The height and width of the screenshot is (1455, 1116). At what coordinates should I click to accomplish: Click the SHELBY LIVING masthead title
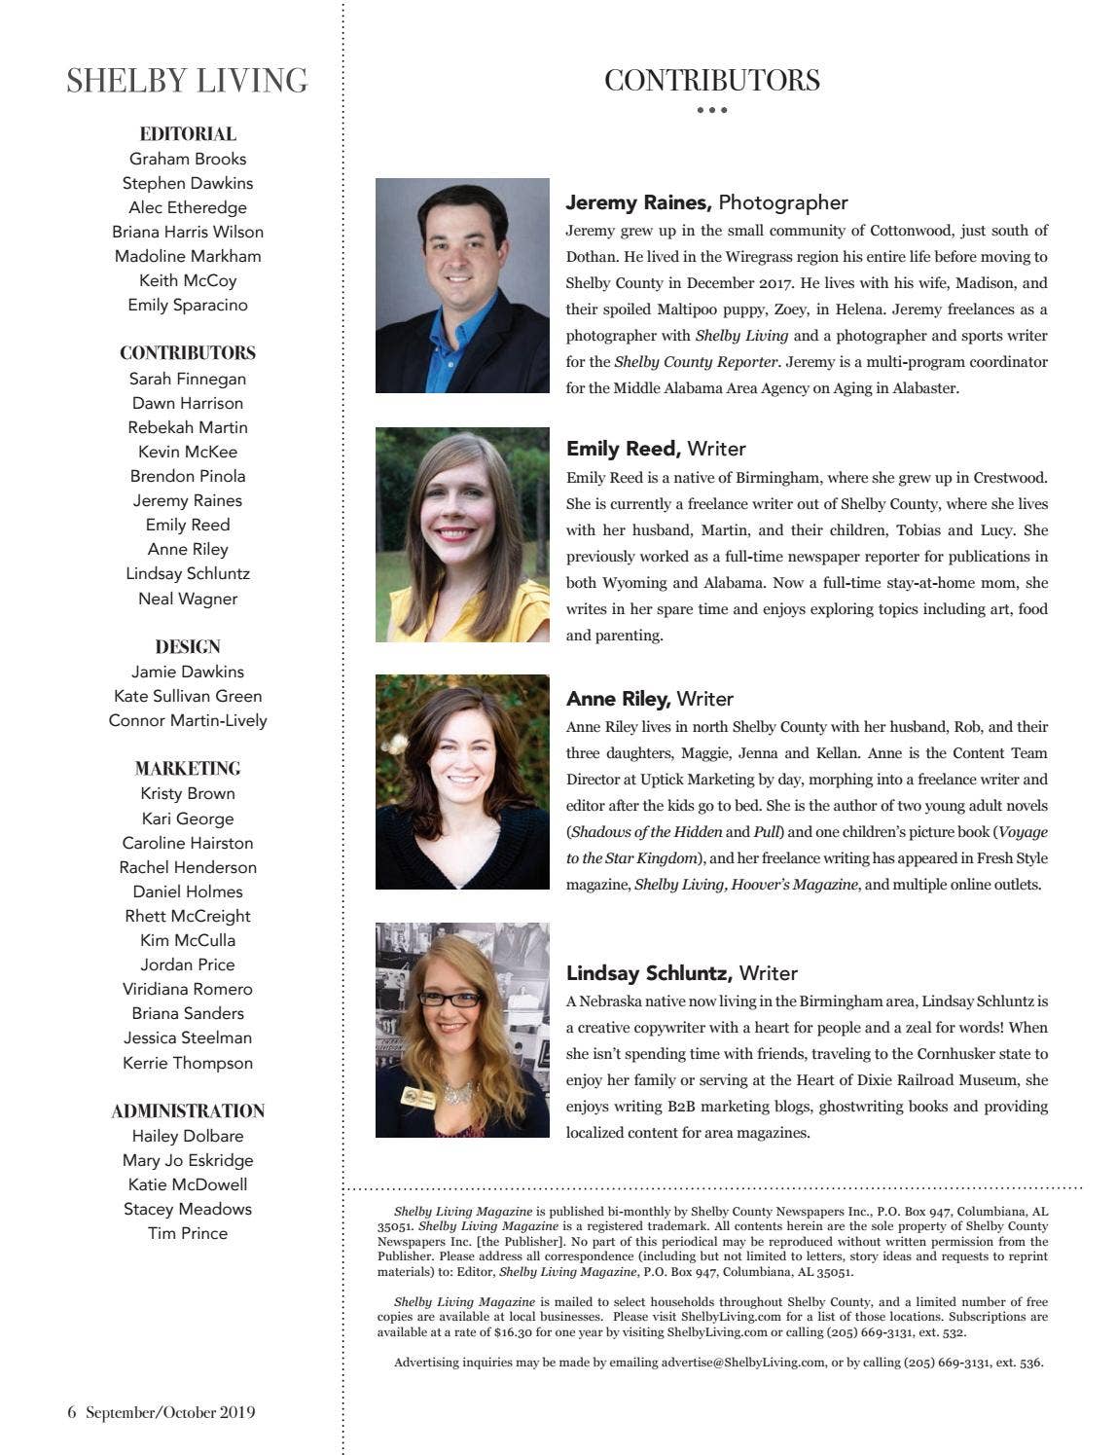click(187, 81)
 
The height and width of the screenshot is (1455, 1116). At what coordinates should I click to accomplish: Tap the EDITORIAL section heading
click(188, 134)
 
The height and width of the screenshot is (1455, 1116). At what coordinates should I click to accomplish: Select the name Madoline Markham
click(188, 256)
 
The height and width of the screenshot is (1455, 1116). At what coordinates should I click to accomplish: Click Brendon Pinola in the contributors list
click(188, 476)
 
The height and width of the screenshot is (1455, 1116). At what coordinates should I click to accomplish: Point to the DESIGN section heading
click(188, 646)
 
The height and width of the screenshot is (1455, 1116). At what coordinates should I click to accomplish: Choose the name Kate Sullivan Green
click(188, 696)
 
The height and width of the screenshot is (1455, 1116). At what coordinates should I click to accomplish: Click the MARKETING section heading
click(188, 768)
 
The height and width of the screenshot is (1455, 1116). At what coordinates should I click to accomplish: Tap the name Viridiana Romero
click(188, 989)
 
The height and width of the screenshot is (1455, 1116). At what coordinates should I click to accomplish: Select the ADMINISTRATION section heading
click(188, 1110)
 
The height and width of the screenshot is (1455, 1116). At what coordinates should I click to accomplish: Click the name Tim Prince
click(188, 1233)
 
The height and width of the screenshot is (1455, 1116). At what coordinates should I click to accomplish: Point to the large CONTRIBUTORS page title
click(711, 81)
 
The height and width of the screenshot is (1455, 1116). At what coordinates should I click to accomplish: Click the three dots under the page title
click(711, 110)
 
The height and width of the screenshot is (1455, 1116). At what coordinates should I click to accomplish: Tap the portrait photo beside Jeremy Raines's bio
click(462, 285)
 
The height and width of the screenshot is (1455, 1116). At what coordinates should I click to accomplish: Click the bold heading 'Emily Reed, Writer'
click(656, 449)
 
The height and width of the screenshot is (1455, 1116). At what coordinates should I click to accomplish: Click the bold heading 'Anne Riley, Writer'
click(650, 699)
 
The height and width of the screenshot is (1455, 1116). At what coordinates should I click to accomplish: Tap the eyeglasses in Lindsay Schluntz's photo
click(449, 998)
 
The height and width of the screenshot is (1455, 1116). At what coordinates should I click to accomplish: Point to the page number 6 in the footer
click(71, 1412)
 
